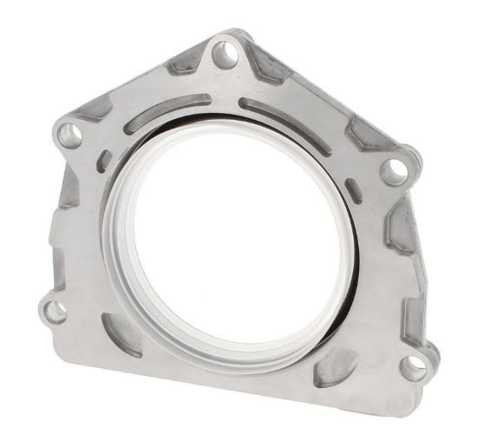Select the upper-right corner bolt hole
(x=395, y=167)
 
